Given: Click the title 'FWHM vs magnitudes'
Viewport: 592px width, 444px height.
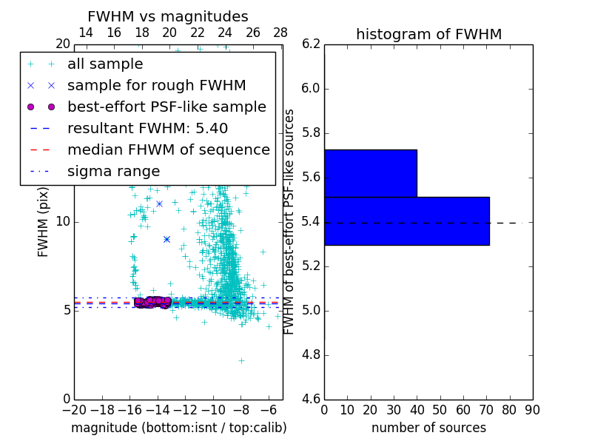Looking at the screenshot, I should click(167, 16).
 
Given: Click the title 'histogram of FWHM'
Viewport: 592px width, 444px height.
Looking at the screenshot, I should click(428, 34).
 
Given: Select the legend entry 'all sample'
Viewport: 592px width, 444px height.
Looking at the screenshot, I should click(105, 64).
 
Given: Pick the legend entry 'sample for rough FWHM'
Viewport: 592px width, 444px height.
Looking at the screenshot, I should click(156, 86).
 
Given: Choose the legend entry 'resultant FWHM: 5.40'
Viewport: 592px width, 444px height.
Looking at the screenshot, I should click(147, 129).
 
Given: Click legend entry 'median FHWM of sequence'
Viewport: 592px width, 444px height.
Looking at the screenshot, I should click(168, 150).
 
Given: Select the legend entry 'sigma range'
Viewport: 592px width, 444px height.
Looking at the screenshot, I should click(113, 172).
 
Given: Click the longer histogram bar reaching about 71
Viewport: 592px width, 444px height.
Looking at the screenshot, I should click(406, 221).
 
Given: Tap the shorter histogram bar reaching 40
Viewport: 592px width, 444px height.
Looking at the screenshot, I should click(370, 173).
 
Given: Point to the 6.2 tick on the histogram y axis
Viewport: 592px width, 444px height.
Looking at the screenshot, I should click(312, 44).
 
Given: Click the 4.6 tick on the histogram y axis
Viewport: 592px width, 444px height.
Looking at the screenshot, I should click(312, 400).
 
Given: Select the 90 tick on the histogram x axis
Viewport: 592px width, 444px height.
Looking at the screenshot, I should click(532, 410).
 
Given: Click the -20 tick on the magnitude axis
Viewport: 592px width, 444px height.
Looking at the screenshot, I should click(74, 410).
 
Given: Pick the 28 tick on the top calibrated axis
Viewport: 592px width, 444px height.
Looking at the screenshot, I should click(280, 33).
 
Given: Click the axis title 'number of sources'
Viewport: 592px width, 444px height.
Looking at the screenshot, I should click(428, 428).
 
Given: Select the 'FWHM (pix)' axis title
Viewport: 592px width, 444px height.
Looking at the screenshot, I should click(44, 221).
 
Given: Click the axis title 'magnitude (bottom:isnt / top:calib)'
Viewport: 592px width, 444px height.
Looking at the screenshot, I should click(178, 428).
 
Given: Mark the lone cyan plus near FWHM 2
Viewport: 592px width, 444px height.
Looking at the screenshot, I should click(241, 360).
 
